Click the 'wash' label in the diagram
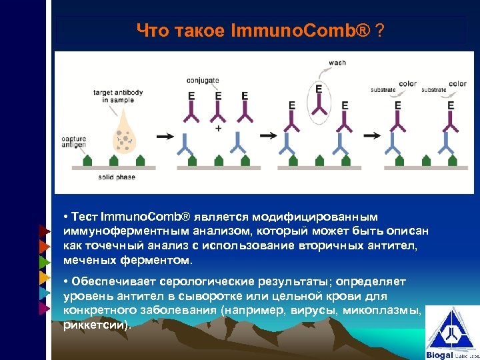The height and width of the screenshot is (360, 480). coord(337,63)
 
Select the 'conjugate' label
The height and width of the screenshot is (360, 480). coord(203,81)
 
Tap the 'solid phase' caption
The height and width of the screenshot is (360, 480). coord(117,177)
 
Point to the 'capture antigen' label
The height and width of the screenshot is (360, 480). coord(73,143)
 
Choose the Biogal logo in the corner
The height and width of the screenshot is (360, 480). coord(451,333)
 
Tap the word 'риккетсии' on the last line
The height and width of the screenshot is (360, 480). coord(96,325)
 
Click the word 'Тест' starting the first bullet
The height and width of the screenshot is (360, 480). coord(84,217)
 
